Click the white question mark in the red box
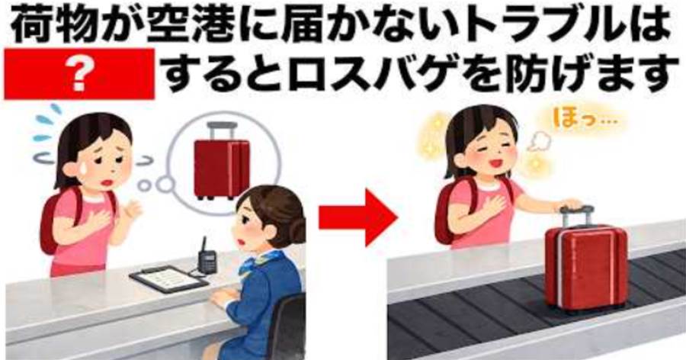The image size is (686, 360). pyautogui.click(x=79, y=75)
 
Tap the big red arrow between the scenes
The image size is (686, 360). pyautogui.click(x=357, y=217)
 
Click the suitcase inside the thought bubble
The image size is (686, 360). pyautogui.click(x=222, y=160)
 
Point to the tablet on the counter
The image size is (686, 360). pyautogui.click(x=168, y=279)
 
